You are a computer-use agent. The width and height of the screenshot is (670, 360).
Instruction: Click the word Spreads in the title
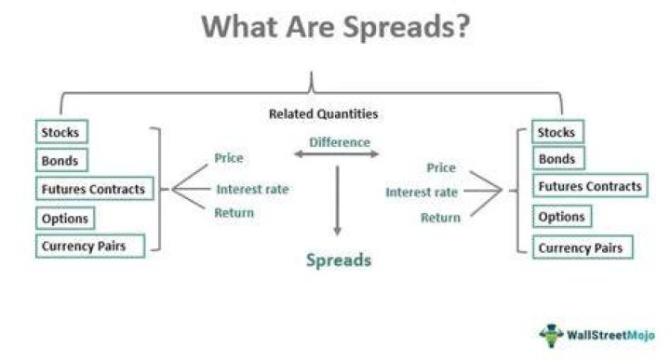406,27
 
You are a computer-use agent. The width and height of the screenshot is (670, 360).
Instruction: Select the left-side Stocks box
62,132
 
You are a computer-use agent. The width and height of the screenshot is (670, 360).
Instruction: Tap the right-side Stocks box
557,132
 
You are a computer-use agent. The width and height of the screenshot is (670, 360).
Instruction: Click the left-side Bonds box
61,160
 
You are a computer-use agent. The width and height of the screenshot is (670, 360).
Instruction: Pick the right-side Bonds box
558,158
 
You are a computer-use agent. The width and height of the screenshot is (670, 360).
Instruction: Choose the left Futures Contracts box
94,189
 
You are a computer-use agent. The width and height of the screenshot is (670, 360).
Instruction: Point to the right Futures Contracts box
590,186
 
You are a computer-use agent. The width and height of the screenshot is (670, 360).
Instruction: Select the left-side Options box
65,219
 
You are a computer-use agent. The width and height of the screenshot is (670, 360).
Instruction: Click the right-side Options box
562,217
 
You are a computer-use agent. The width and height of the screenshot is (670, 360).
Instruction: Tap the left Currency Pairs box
90,246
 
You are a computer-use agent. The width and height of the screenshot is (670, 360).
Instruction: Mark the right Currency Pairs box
583,247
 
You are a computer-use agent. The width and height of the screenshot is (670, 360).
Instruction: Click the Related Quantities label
324,114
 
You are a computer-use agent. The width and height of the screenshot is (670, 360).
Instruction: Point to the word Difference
340,142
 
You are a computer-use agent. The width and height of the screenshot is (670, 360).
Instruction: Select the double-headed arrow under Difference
337,154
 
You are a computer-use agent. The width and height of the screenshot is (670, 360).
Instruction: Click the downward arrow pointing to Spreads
338,201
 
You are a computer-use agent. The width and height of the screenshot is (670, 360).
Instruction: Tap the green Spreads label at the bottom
339,260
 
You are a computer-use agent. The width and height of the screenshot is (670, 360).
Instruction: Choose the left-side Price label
229,158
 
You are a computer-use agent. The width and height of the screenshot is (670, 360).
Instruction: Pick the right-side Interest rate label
422,193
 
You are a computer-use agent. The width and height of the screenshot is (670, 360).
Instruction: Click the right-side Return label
440,218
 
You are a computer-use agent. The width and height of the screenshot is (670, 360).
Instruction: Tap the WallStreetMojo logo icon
551,335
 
